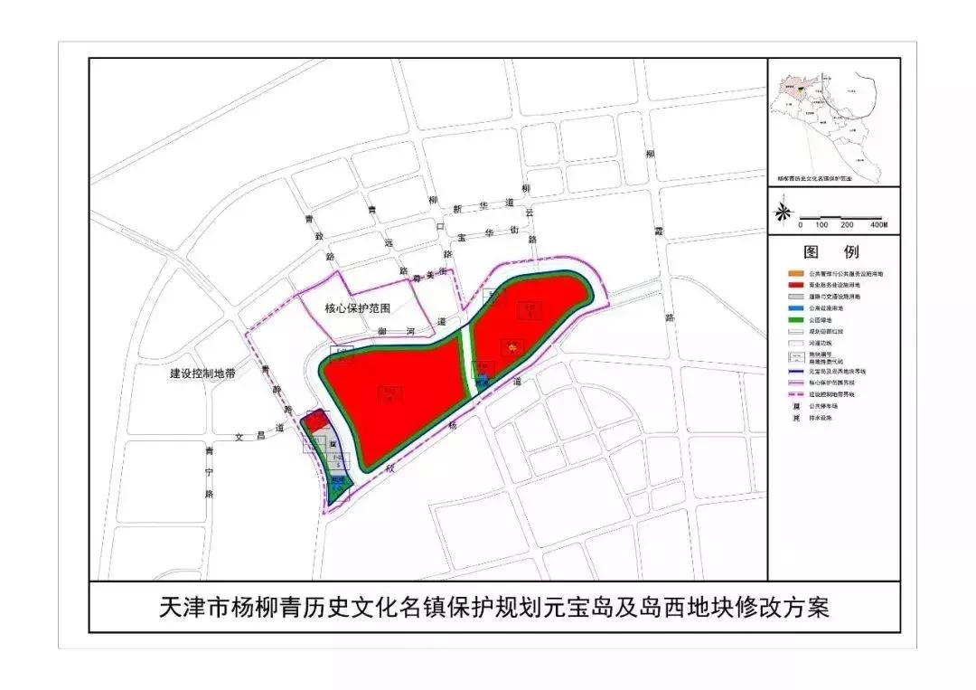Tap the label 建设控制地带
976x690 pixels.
click(x=202, y=373)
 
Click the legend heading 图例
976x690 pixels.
click(x=832, y=251)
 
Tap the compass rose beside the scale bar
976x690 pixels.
click(x=784, y=212)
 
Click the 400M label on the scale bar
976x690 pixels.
click(x=878, y=224)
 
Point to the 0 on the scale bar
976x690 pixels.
click(x=800, y=224)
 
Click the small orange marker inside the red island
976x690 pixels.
click(x=512, y=345)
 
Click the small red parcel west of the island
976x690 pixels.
click(x=315, y=421)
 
